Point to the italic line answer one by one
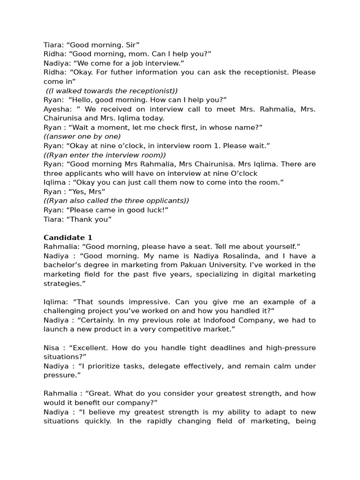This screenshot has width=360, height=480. tap(82, 136)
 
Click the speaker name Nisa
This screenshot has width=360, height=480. tap(51, 348)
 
